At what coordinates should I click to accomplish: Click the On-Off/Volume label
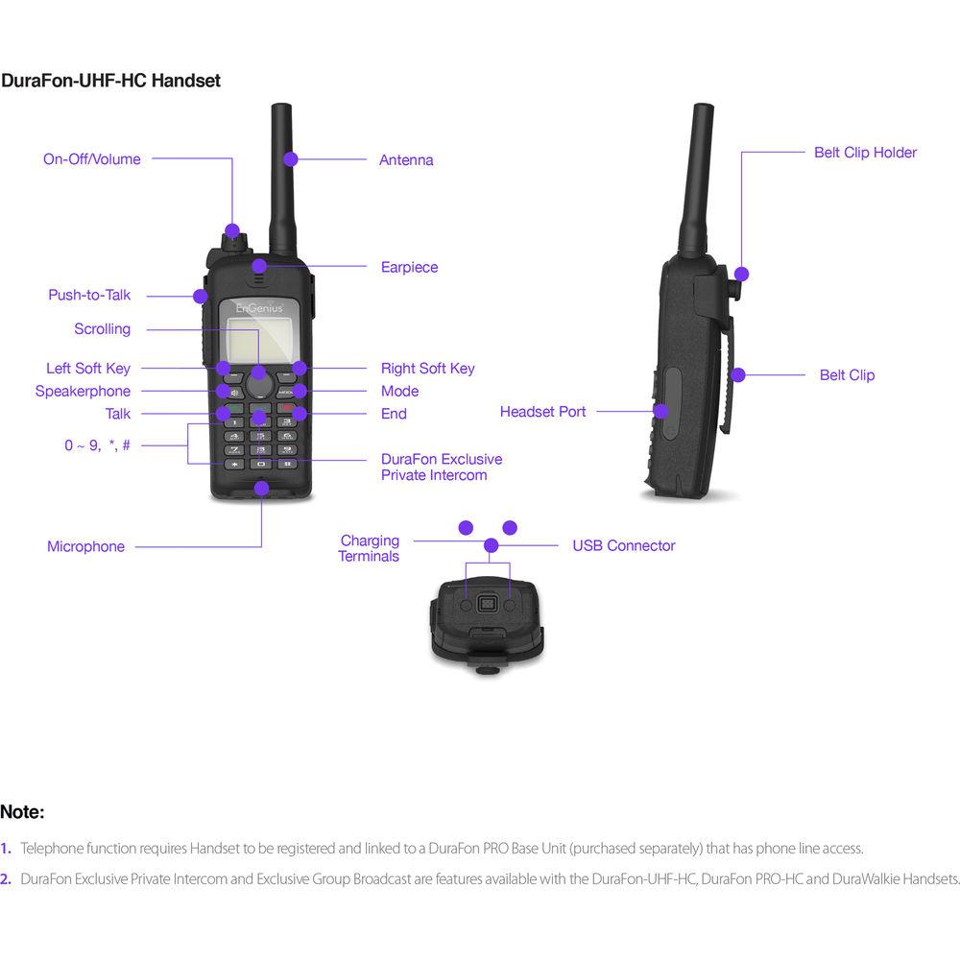point(91,159)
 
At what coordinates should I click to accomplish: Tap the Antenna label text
point(406,160)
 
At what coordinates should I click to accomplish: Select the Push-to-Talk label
point(89,295)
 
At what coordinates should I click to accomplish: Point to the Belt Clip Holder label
point(865,153)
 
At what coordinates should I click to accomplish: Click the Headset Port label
point(542,412)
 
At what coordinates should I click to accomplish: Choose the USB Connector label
point(623,545)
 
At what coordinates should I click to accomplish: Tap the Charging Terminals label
point(369,548)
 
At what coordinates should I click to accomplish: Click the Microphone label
point(85,546)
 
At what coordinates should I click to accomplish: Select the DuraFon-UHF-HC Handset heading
point(110,81)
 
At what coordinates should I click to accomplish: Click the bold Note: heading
point(22,812)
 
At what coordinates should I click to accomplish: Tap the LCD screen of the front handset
point(257,338)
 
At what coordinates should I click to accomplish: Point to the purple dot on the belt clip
point(737,374)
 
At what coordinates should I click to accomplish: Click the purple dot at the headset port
point(660,411)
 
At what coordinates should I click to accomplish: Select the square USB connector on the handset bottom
point(488,605)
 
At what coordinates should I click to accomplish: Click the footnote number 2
point(6,878)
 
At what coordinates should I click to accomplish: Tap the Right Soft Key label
point(427,368)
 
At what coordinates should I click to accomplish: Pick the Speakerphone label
point(83,391)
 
